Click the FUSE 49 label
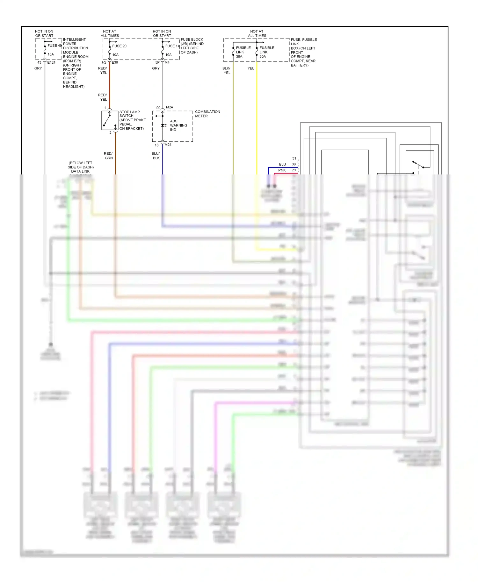(54, 46)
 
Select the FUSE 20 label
(119, 46)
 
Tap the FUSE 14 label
(172, 46)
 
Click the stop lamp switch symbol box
(110, 120)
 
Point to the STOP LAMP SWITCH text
(129, 114)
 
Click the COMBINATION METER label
(207, 114)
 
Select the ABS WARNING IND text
(178, 125)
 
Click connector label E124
(51, 62)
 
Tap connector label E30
(115, 62)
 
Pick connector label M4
(167, 62)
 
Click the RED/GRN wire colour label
(108, 156)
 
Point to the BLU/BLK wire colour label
(156, 156)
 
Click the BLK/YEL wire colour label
(227, 70)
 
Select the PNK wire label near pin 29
(282, 170)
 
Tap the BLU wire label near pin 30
(282, 164)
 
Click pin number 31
(294, 158)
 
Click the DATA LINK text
(80, 171)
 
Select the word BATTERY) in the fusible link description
(299, 65)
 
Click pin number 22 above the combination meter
(158, 107)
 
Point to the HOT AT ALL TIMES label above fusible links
(257, 33)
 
